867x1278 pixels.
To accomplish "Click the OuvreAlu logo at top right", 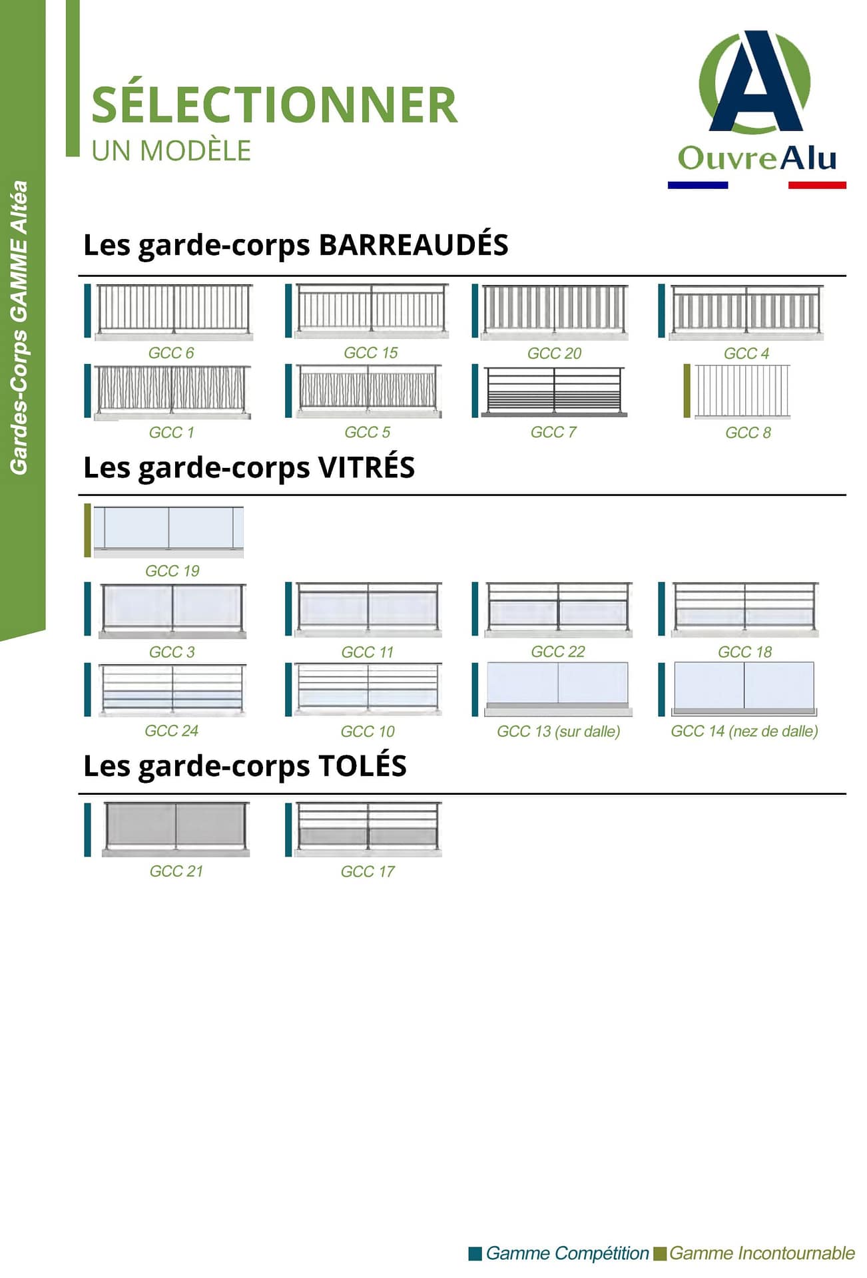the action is point(757,109).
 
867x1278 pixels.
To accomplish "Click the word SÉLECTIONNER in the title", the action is point(274,105).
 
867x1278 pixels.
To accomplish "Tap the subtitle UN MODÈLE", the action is point(171,150).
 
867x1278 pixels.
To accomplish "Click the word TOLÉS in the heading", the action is point(362,765).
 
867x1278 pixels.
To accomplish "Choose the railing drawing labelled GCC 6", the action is point(173,312).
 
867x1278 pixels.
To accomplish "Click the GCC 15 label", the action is point(371,353).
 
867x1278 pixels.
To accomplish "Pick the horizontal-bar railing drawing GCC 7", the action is point(554,391).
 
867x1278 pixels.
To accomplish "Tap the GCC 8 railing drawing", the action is point(742,391).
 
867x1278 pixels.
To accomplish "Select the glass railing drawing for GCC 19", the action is point(168,531).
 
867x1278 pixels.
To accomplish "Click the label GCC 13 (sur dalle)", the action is point(558,732).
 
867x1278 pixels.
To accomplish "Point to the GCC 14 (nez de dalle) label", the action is point(744,732).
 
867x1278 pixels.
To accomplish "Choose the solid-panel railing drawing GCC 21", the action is point(176,829).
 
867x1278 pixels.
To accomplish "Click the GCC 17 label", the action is point(368,871).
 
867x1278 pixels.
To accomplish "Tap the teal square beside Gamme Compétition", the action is point(475,1254).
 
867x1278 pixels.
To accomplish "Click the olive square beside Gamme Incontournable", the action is point(660,1254).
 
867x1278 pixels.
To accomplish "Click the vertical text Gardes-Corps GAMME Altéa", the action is point(19,327).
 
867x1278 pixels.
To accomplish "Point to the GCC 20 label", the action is point(555,353).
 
